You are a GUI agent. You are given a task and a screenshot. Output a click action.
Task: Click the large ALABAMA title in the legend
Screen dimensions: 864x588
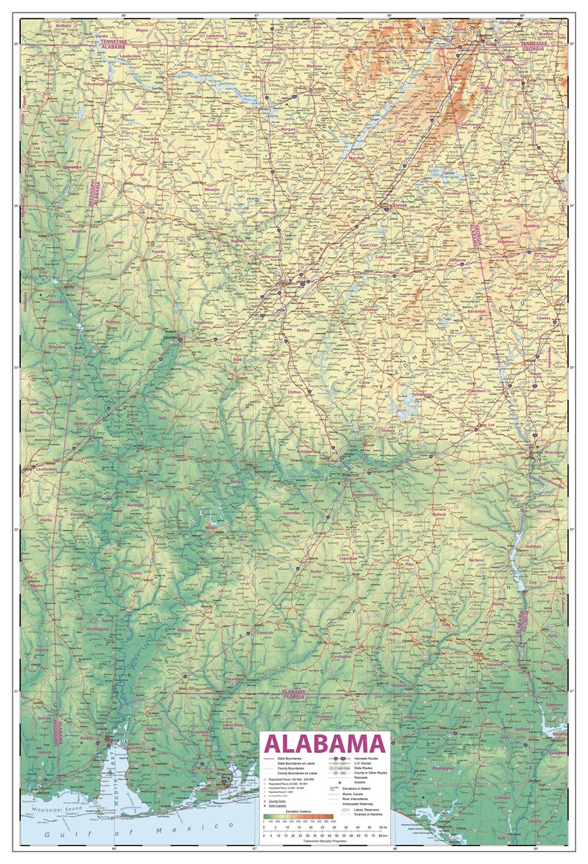click(x=324, y=743)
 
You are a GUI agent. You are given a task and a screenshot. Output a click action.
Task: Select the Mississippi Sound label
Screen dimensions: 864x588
click(x=53, y=802)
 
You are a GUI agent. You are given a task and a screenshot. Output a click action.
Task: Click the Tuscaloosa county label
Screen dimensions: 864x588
click(x=202, y=322)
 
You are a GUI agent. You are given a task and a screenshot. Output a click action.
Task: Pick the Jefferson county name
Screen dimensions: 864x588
click(x=271, y=257)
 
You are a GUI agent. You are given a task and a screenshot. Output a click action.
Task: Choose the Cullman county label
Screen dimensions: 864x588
click(x=268, y=213)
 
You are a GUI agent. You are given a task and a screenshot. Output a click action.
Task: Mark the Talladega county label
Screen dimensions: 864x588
click(x=369, y=310)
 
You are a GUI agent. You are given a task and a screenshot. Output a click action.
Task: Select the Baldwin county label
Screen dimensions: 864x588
click(x=154, y=729)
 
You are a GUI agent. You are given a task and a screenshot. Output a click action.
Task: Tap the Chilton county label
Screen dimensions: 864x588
click(x=295, y=391)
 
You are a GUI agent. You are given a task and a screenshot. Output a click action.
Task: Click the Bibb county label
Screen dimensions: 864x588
click(x=237, y=359)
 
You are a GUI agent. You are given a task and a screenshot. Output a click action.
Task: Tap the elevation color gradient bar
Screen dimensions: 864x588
click(x=299, y=817)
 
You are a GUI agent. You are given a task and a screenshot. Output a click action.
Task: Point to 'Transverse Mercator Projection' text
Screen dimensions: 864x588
click(x=324, y=841)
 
